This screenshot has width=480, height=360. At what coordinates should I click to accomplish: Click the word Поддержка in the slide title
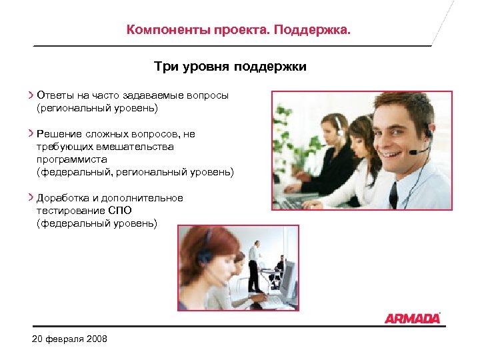coord(319,31)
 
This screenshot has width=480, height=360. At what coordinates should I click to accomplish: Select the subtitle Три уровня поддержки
coord(229,67)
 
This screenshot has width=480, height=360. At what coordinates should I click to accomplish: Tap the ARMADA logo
coord(412,317)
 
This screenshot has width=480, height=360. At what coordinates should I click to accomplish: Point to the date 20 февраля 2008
coord(69,340)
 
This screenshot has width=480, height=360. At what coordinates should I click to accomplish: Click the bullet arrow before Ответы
coord(31,95)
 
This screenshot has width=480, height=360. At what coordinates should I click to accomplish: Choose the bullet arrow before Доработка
coord(31,198)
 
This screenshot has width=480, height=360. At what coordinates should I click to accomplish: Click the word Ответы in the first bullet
coord(57,95)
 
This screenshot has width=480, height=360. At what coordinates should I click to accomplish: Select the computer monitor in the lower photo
coord(287,278)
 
